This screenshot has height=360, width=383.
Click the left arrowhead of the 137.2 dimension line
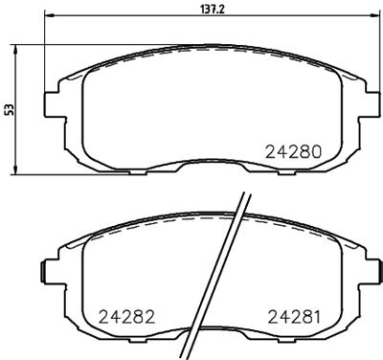point(50,17)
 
